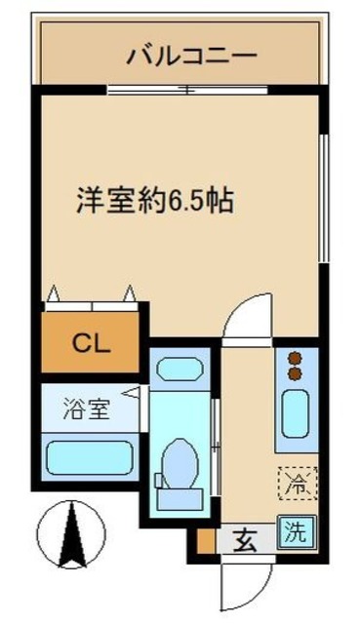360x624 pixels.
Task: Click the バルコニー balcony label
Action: pos(192,55)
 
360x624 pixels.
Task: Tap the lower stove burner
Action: pos(296,372)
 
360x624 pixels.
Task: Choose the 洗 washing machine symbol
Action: pos(295,533)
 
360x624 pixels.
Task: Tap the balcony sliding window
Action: pos(185,91)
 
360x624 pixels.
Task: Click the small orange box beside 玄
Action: pos(205,538)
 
